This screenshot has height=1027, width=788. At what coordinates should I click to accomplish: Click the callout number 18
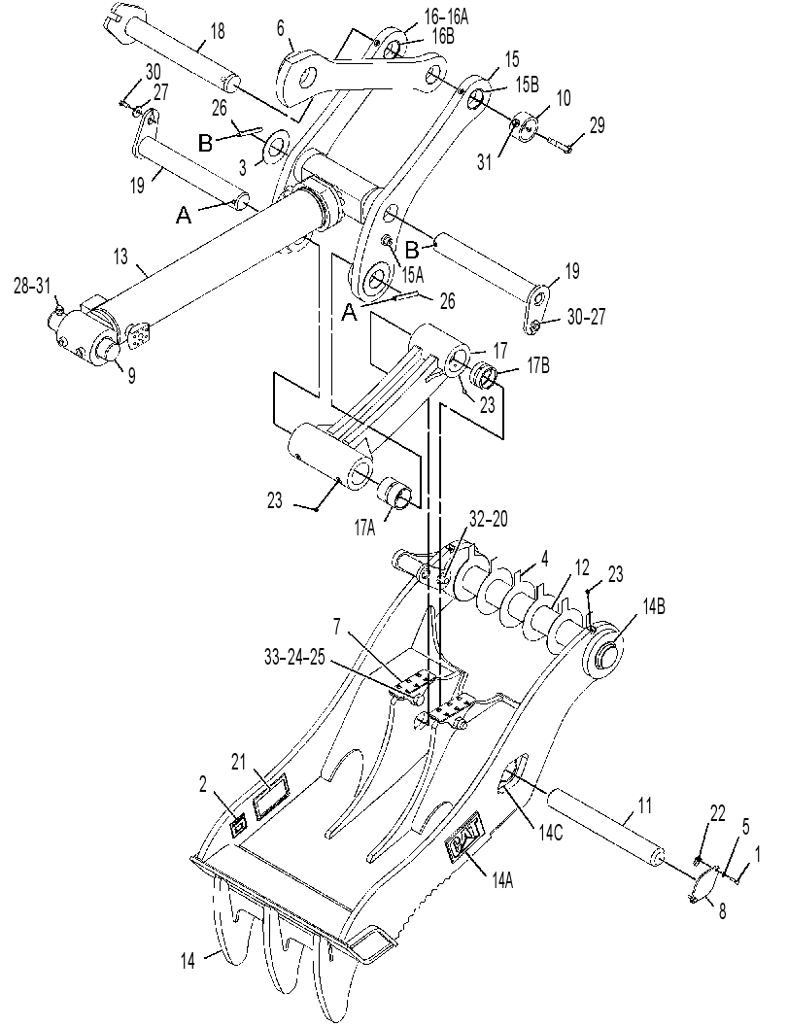tap(218, 31)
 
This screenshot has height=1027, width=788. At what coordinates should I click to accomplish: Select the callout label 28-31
tap(32, 288)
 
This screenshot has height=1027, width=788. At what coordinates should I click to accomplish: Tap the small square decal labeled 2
tap(239, 825)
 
